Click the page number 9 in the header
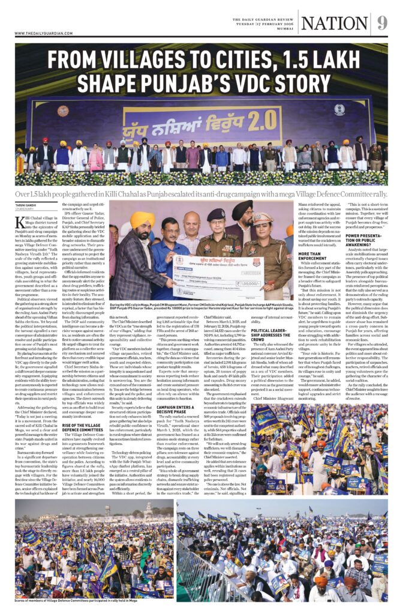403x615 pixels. pos(382,23)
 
